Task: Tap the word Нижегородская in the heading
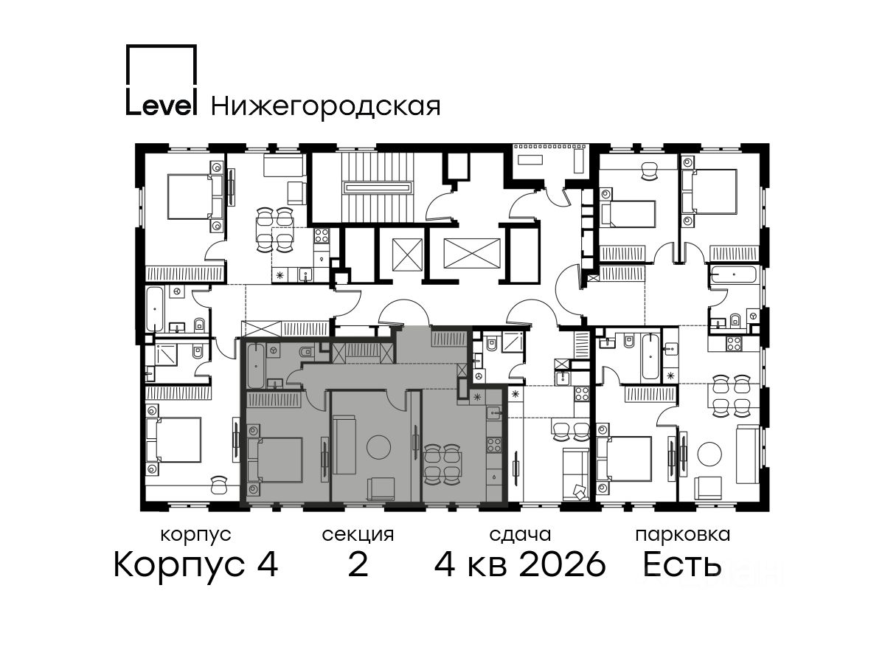(326, 107)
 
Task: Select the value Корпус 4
(196, 564)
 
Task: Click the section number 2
(358, 564)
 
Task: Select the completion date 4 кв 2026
(520, 564)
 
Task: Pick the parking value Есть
(682, 564)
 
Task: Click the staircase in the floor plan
(378, 187)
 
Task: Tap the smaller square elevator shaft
(407, 255)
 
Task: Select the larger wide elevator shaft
(472, 253)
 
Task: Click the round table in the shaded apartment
(378, 446)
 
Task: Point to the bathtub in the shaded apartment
(257, 365)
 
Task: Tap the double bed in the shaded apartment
(275, 460)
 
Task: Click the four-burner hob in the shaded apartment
(494, 445)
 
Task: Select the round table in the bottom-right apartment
(709, 454)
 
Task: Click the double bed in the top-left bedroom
(195, 196)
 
